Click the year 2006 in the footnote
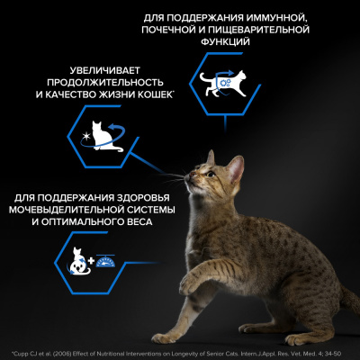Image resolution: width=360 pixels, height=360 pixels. (62, 349)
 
